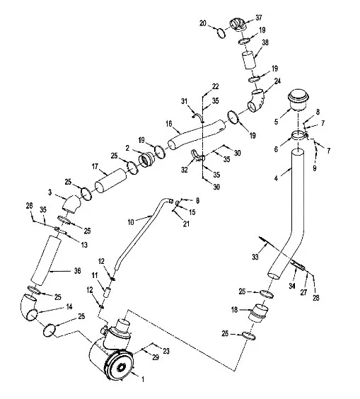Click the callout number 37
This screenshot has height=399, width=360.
pos(258,18)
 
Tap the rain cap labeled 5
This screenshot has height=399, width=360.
pos(298,100)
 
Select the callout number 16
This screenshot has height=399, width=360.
pos(168,125)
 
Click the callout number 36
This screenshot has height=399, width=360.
pos(77,271)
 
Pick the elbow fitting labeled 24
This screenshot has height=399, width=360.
pos(256,100)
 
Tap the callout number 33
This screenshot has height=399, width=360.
pos(255,257)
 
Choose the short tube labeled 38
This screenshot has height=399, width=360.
pos(248,60)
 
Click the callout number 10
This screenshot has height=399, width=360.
pos(131,222)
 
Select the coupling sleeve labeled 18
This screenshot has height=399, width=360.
pos(258,313)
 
